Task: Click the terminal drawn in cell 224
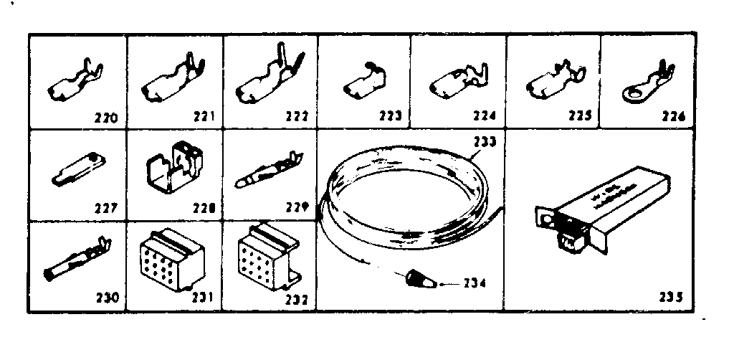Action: pyautogui.click(x=457, y=82)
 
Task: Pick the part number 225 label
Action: pyautogui.click(x=578, y=116)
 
